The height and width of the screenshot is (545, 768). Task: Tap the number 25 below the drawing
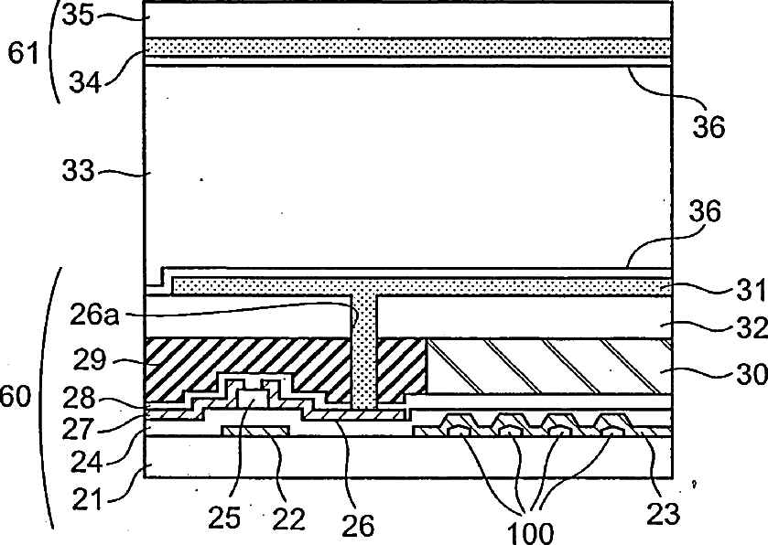pos(225,518)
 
